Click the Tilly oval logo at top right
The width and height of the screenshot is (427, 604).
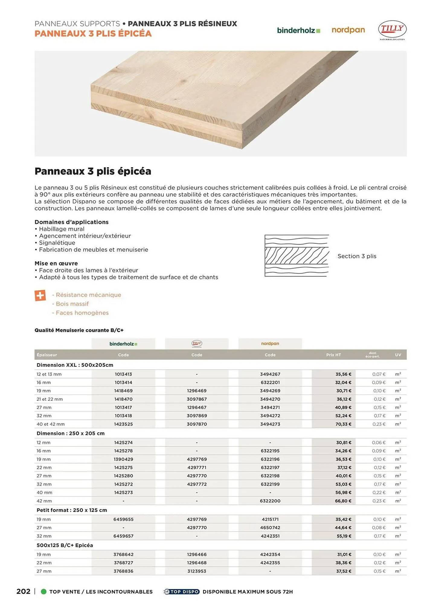pyautogui.click(x=392, y=29)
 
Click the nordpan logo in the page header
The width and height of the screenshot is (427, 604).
pyautogui.click(x=348, y=30)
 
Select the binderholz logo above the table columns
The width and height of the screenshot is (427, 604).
pyautogui.click(x=123, y=344)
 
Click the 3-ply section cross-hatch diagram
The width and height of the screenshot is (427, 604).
pyautogui.click(x=297, y=255)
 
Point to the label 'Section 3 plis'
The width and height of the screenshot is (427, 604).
pyautogui.click(x=357, y=256)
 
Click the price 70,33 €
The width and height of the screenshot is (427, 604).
pyautogui.click(x=343, y=424)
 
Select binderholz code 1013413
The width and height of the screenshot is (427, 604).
pyautogui.click(x=123, y=374)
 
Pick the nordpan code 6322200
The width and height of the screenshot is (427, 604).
pyautogui.click(x=270, y=501)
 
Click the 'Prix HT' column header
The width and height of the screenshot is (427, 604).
pyautogui.click(x=333, y=355)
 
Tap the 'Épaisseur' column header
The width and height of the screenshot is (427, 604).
pyautogui.click(x=47, y=355)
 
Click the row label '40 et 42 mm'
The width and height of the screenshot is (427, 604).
pyautogui.click(x=50, y=424)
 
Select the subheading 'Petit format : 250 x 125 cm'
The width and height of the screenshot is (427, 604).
pyautogui.click(x=72, y=510)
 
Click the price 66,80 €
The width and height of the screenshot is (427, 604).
pyautogui.click(x=343, y=501)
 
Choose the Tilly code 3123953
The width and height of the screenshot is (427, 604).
pyautogui.click(x=197, y=571)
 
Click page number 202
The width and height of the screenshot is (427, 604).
pyautogui.click(x=23, y=591)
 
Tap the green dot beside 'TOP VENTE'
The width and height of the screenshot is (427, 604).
pyautogui.click(x=43, y=592)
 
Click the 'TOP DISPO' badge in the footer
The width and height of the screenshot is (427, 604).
pyautogui.click(x=181, y=592)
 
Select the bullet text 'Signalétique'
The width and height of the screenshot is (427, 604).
pyautogui.click(x=57, y=243)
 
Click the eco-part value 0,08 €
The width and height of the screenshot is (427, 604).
pyautogui.click(x=379, y=528)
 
